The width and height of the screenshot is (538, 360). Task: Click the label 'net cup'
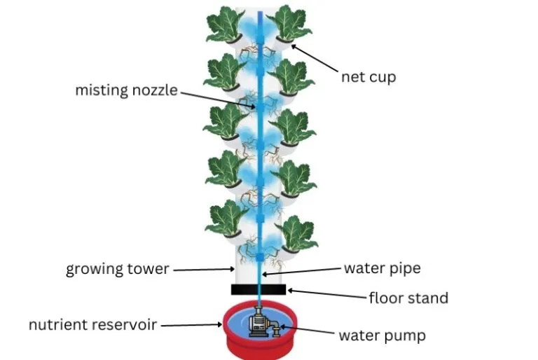pos(368,77)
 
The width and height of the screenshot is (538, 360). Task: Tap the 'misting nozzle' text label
pos(127,90)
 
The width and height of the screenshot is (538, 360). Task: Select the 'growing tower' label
pos(118,270)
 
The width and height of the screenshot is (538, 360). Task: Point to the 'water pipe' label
pos(382,268)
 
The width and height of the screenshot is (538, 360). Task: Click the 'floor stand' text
pos(408,298)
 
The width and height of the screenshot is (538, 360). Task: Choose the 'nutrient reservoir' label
pos(92,325)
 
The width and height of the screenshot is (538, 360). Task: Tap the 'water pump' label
pos(382,335)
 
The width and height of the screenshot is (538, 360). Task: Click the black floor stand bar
pos(258,289)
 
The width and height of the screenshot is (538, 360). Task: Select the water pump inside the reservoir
pos(263,321)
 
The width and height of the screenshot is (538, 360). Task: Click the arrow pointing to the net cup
pos(315,58)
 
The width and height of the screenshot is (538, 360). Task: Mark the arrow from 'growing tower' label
pos(204,270)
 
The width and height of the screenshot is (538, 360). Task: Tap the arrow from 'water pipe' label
pos(303,271)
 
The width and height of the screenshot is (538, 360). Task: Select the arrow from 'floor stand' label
pos(327,293)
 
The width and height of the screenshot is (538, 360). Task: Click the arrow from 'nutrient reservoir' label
pos(191,325)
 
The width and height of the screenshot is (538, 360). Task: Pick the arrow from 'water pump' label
pos(307,329)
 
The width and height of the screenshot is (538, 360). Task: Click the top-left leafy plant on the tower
pos(224,24)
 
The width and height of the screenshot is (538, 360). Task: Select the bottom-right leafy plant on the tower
pos(296,233)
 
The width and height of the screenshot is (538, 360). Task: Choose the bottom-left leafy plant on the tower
pos(226,219)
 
